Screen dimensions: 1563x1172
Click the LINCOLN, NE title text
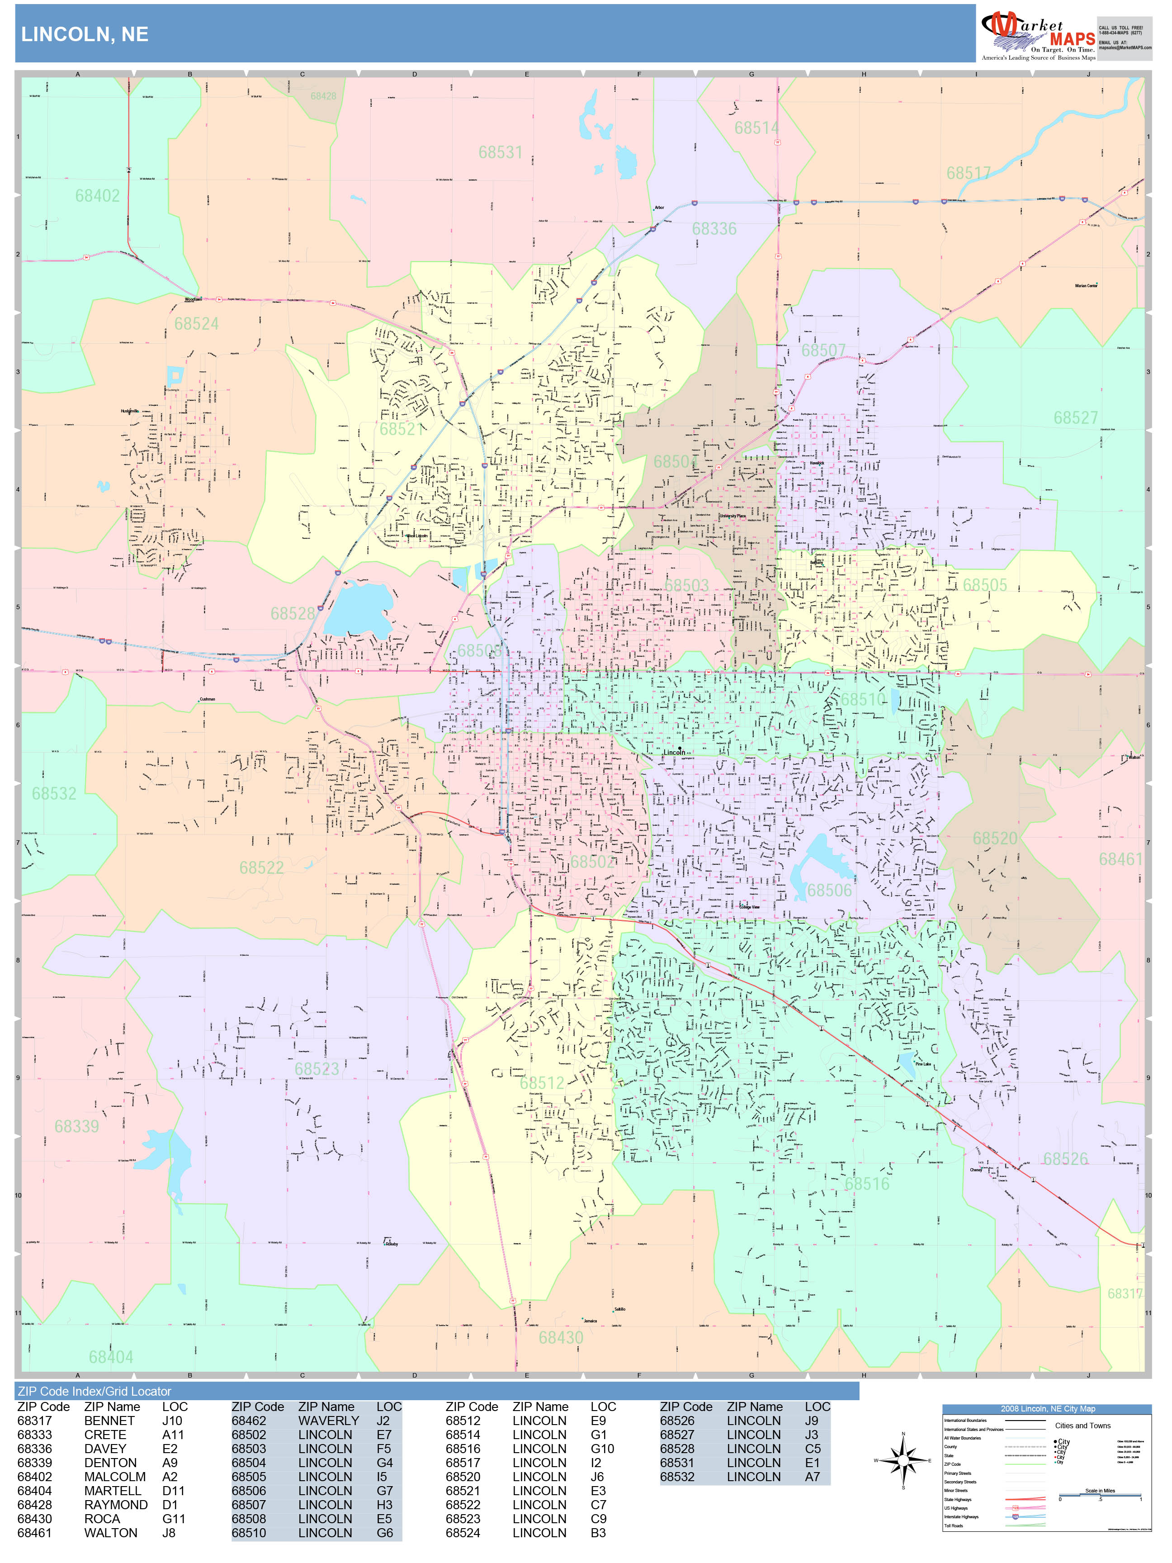click(x=85, y=35)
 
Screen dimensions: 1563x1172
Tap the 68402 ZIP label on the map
click(x=98, y=196)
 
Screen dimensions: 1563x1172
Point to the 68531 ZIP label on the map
click(x=500, y=152)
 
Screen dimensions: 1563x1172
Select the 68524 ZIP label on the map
click(x=196, y=324)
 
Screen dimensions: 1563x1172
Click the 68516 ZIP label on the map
click(x=867, y=1184)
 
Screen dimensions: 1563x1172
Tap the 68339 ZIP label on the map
click(x=77, y=1126)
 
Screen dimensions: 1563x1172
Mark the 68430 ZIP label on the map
click(x=561, y=1338)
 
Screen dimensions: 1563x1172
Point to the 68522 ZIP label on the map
click(x=261, y=868)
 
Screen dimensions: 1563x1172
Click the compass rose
click(x=903, y=1460)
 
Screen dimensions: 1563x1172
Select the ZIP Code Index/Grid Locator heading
click(x=95, y=1391)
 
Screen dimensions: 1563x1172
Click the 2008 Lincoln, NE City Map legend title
click(x=1046, y=1409)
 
